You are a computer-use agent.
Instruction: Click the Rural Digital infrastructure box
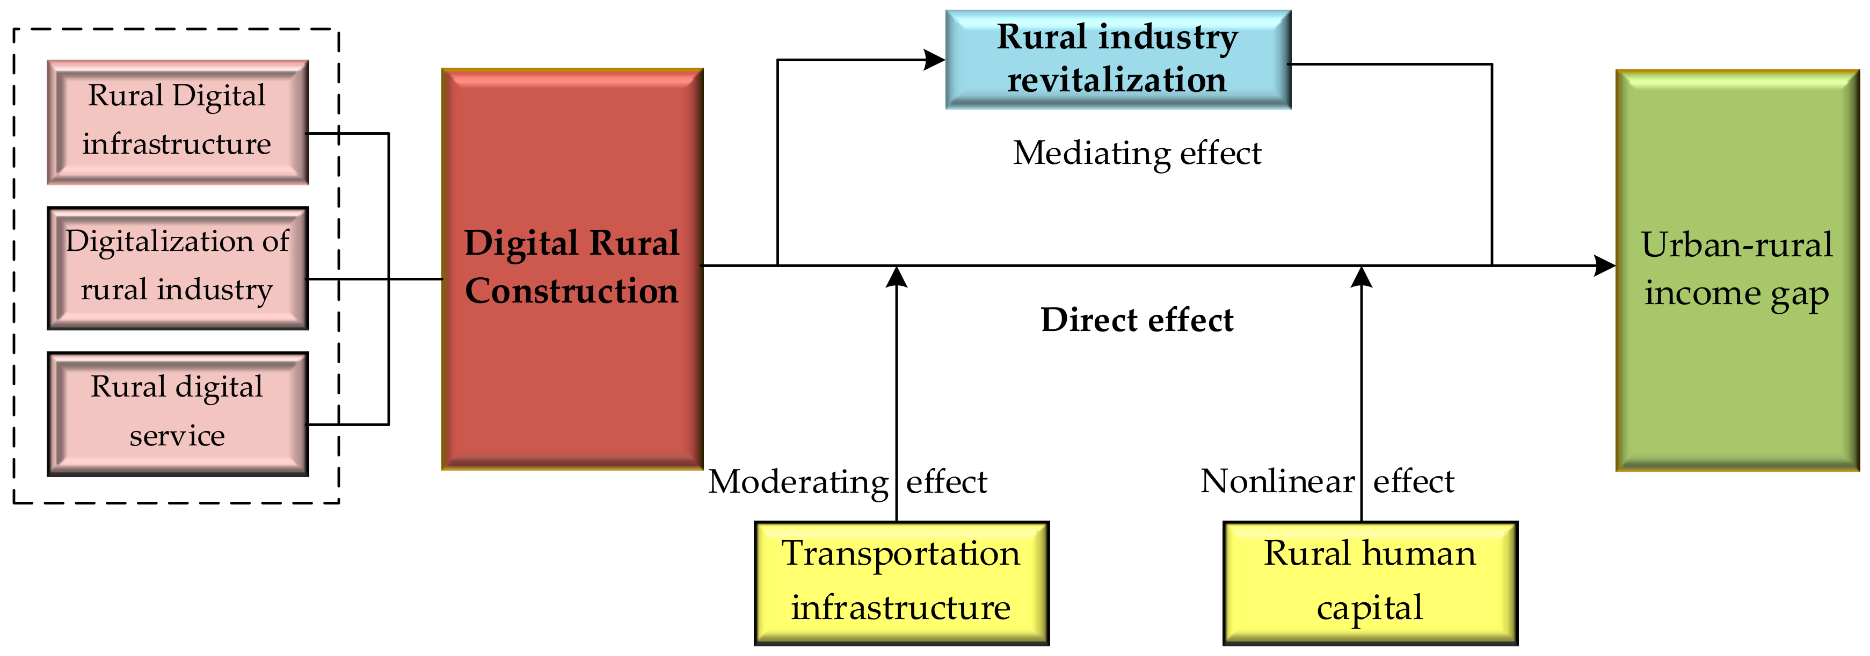click(178, 122)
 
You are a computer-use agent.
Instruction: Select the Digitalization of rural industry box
click(178, 268)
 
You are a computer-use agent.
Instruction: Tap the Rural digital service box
click(178, 414)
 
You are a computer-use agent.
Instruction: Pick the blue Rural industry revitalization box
click(1118, 60)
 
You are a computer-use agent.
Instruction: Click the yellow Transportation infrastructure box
click(901, 582)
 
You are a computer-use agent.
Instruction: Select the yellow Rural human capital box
click(1370, 582)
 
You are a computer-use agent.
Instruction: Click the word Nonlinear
click(1278, 481)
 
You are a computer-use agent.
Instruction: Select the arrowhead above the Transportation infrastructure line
click(897, 277)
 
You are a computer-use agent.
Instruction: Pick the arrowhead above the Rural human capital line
click(1361, 277)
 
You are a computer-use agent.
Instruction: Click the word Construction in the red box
click(572, 291)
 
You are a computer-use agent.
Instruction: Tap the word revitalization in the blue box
click(1117, 80)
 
